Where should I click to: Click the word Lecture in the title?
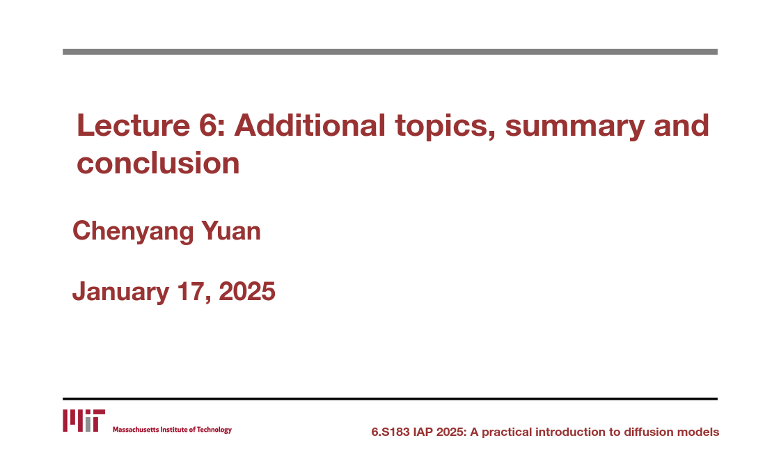tap(133, 125)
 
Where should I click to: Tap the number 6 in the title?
tap(206, 125)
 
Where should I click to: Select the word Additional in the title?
tap(310, 125)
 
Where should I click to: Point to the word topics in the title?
tap(445, 127)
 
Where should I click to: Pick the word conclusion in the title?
tap(158, 163)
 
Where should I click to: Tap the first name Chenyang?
tap(133, 232)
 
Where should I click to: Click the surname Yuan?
tap(231, 230)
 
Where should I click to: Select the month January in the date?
tap(120, 292)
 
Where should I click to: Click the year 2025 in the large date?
tap(247, 291)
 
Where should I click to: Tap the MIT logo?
tap(84, 421)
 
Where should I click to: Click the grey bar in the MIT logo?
tap(88, 424)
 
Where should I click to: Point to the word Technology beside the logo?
tap(214, 430)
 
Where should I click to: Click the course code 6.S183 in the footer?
tap(390, 432)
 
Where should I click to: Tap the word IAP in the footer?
tap(423, 432)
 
